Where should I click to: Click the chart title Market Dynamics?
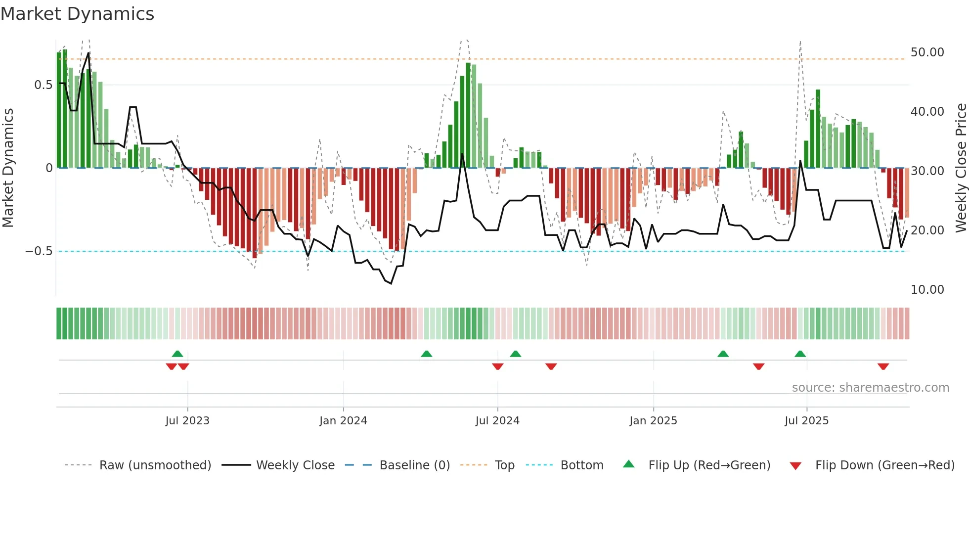click(78, 14)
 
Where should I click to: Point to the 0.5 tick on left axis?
click(43, 85)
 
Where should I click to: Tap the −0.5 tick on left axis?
click(39, 251)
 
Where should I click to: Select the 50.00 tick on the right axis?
click(927, 52)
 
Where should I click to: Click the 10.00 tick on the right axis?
click(927, 290)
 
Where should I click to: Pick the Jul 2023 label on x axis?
click(187, 421)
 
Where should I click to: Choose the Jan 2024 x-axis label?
click(343, 421)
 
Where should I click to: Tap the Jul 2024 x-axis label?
click(497, 421)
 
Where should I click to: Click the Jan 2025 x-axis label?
click(653, 421)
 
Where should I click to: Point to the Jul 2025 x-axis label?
click(806, 421)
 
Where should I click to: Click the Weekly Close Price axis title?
click(961, 168)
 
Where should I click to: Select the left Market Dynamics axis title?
click(8, 168)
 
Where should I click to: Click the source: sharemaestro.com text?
click(870, 388)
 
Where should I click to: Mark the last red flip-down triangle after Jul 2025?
click(883, 366)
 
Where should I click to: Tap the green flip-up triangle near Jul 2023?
click(177, 354)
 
